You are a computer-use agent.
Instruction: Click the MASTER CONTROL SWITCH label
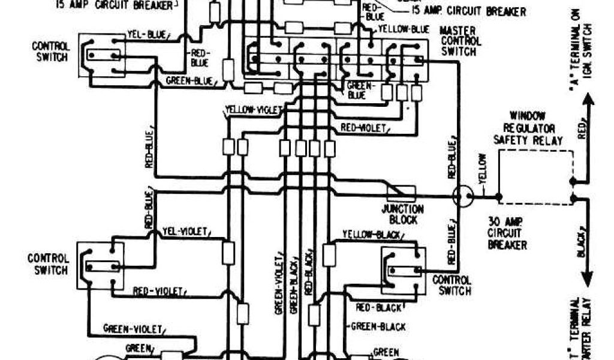pos(460,41)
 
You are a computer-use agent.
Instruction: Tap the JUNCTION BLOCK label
pos(403,214)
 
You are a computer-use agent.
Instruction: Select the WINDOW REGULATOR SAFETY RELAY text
pos(527,127)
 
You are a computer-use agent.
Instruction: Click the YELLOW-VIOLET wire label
pos(248,109)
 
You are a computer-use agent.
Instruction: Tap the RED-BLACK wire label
pos(379,308)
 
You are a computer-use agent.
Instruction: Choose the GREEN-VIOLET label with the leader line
pos(133,328)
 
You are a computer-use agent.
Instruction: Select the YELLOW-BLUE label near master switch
pos(404,29)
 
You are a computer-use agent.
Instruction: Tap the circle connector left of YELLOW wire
pos(462,196)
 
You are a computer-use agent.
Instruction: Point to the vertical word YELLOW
pos(483,170)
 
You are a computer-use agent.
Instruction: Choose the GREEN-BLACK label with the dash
pos(378,327)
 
